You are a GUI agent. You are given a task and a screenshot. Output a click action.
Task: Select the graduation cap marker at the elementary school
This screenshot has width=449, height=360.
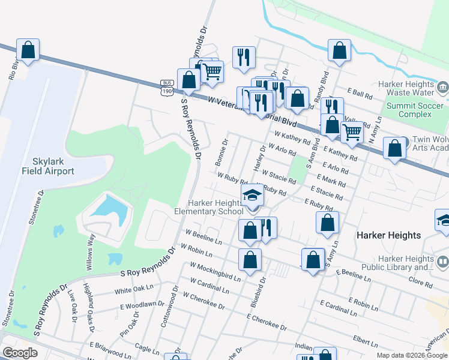tap(253, 194)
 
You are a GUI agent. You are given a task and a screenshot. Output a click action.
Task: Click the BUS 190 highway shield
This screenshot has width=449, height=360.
tap(167, 87)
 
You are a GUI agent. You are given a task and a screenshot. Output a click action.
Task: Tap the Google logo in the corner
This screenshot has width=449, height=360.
tap(20, 353)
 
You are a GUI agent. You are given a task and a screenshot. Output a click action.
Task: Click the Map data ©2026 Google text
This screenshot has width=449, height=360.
tap(412, 355)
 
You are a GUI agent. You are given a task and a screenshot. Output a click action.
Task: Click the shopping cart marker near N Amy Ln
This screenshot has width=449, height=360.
tap(352, 132)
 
